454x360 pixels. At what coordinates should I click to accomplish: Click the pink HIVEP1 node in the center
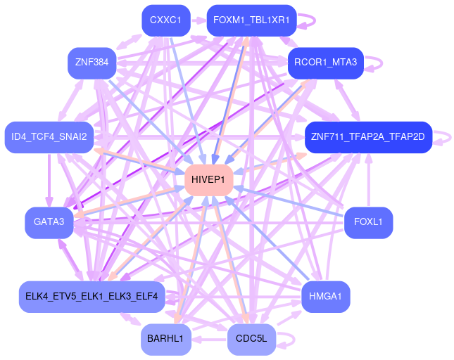tap(208, 181)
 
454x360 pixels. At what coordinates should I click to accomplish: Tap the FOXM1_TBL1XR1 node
tap(251, 20)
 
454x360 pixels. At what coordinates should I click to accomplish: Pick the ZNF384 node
tap(92, 63)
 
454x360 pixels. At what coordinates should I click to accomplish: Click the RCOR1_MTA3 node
tap(325, 63)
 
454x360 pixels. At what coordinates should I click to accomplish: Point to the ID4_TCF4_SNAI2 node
tap(49, 136)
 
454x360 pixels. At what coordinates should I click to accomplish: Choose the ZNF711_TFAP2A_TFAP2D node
tap(368, 136)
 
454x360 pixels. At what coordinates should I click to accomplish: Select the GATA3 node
tap(49, 222)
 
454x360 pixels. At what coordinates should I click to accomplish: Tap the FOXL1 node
tap(368, 222)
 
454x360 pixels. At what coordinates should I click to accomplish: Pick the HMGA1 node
tap(325, 295)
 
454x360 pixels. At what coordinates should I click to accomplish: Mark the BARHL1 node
tap(165, 339)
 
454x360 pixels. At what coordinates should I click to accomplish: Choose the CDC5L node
tap(251, 339)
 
